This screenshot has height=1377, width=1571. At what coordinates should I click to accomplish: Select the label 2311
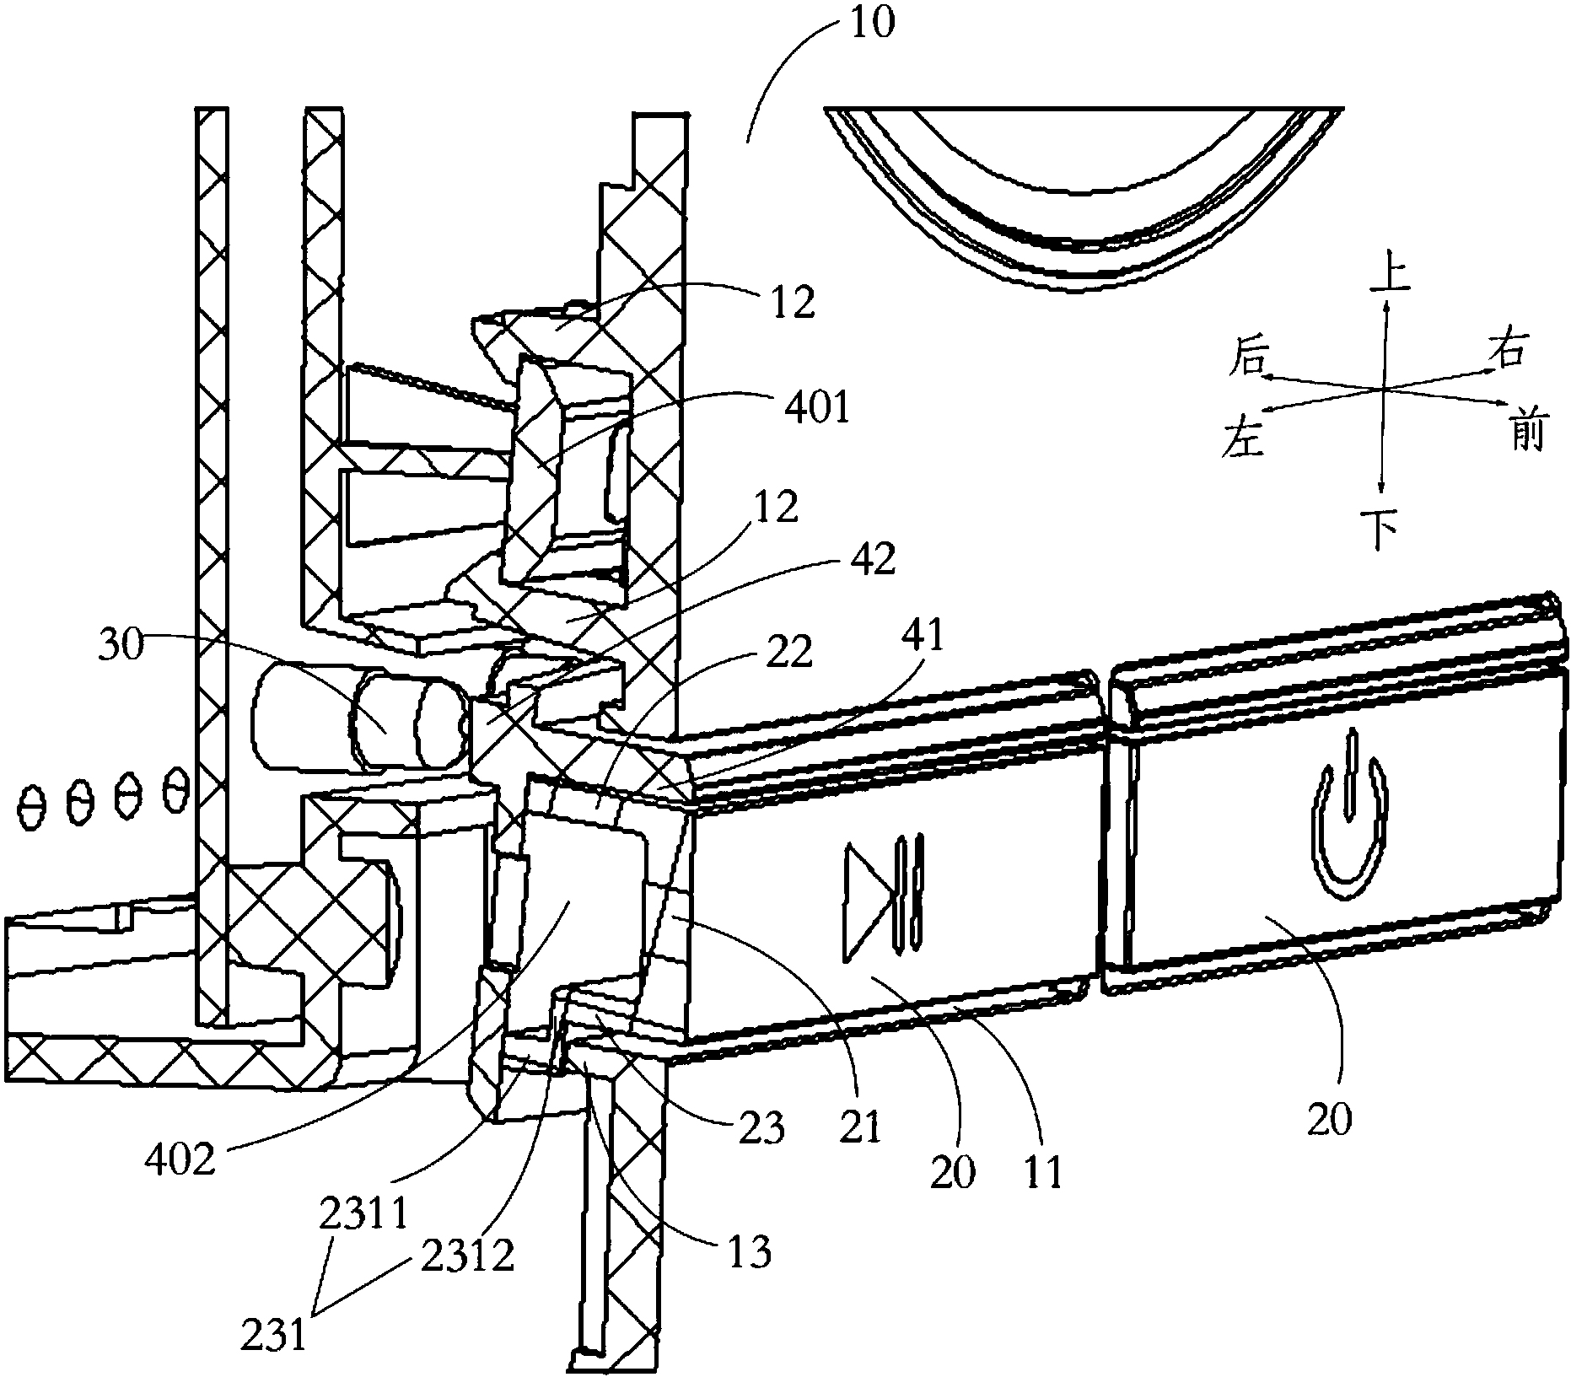click(x=364, y=1218)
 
